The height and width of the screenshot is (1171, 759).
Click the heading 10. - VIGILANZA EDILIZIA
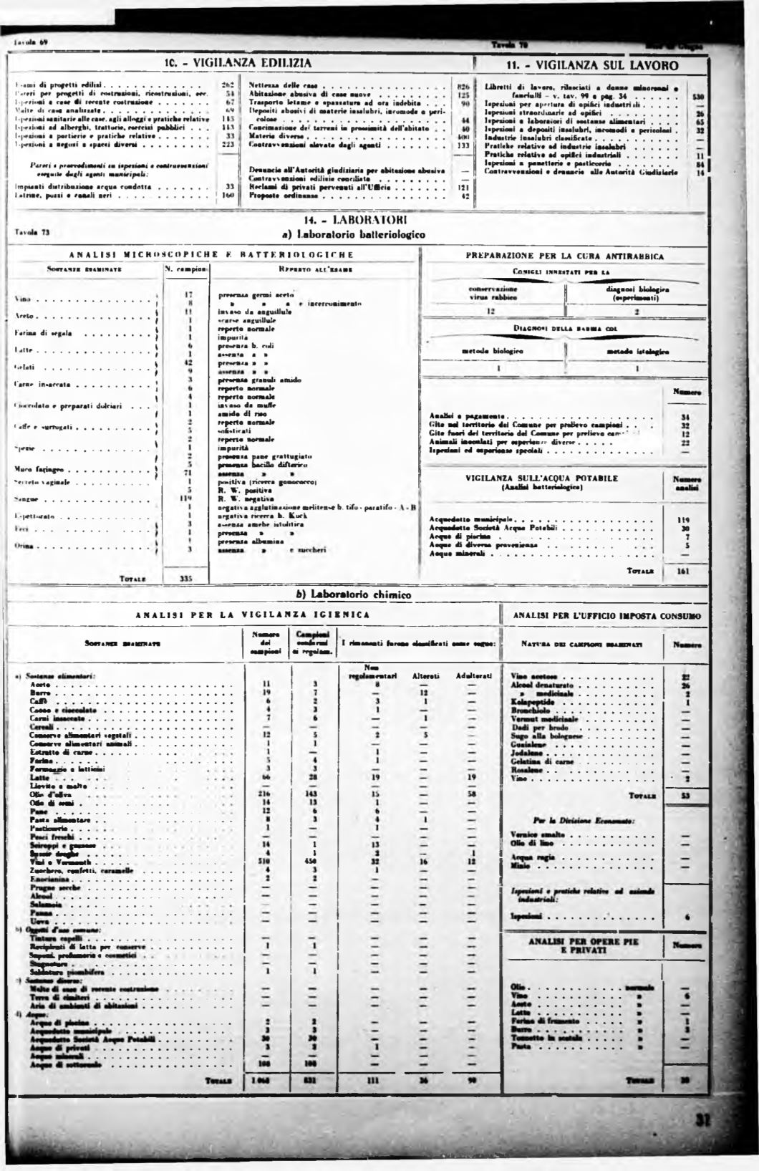[238, 63]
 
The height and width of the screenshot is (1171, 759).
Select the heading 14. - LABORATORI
[356, 221]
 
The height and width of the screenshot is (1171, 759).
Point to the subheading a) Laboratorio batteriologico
[356, 234]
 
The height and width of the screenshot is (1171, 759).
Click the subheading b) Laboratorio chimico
[354, 594]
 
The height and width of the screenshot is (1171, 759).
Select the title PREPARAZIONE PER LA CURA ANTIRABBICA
[565, 256]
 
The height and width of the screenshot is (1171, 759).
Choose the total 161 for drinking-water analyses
[682, 572]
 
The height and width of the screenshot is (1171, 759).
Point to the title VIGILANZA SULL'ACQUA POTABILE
[542, 478]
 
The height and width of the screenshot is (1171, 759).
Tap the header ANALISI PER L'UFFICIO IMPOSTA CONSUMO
[607, 615]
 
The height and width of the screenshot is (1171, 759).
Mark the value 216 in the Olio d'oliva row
[263, 794]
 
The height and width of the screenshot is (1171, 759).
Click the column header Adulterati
[470, 675]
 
